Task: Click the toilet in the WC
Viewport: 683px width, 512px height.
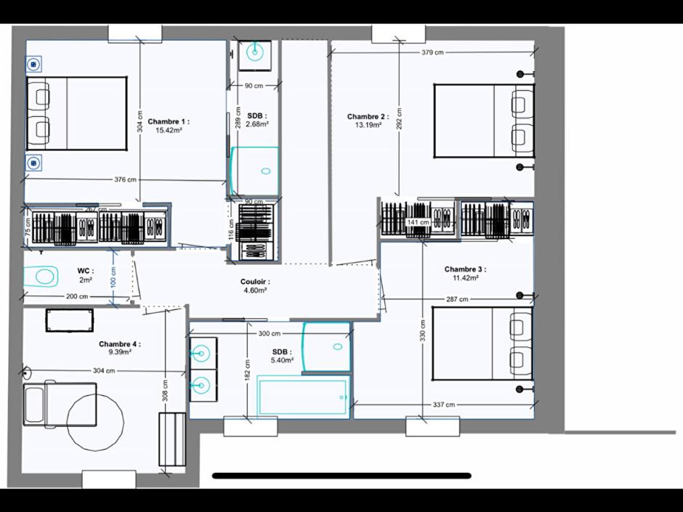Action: click(x=41, y=276)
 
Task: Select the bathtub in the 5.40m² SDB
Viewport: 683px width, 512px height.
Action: click(x=301, y=397)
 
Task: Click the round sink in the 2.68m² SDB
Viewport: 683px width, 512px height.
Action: click(x=254, y=52)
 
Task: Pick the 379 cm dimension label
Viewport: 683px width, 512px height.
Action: click(x=432, y=52)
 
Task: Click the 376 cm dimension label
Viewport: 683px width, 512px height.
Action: click(x=125, y=179)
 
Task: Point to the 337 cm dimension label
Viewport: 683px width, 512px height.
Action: click(x=443, y=405)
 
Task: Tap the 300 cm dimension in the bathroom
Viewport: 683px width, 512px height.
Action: click(x=269, y=334)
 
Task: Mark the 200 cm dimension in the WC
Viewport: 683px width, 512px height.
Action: click(x=76, y=296)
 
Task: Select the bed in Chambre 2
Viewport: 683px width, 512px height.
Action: click(x=484, y=120)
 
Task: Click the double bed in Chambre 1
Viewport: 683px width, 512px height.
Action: click(x=76, y=113)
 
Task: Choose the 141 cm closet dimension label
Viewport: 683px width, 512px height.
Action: click(x=418, y=222)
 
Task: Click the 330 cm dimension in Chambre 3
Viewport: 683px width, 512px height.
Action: click(x=422, y=330)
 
